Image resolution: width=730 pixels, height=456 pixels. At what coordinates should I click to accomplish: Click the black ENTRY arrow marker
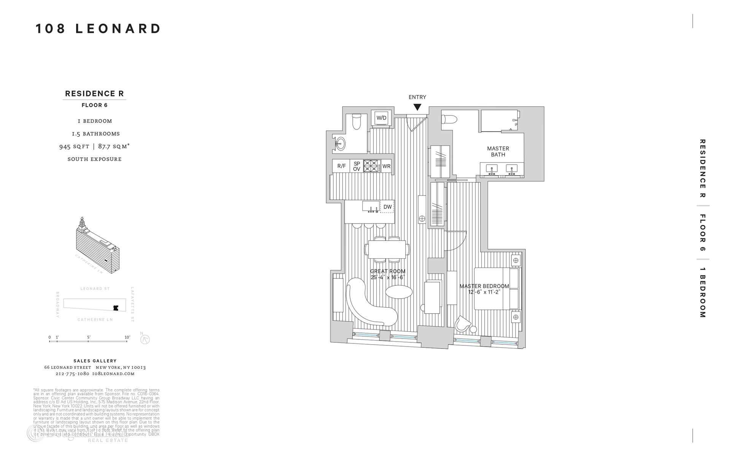(417, 107)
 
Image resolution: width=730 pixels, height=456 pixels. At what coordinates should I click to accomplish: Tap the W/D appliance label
(381, 118)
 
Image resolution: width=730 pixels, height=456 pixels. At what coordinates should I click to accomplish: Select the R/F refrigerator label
(341, 166)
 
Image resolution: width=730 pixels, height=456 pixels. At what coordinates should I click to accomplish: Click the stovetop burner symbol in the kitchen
(372, 166)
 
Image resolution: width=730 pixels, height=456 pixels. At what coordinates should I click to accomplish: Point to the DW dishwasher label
(387, 207)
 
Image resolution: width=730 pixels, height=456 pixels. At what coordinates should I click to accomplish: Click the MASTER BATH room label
(498, 152)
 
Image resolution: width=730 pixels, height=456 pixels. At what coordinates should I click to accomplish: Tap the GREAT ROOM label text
(388, 271)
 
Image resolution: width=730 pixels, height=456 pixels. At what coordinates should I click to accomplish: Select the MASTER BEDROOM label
(484, 286)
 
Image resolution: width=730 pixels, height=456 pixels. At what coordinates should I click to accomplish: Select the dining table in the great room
(387, 250)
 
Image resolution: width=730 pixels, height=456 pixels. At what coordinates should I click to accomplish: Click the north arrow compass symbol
(145, 339)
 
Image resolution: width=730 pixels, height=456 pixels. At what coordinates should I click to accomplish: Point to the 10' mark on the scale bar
(127, 337)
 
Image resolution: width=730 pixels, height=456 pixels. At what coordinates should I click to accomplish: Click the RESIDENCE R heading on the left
(94, 93)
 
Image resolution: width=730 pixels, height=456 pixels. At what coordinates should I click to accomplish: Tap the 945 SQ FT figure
(74, 146)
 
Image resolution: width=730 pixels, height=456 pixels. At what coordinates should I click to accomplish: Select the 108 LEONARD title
(98, 29)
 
